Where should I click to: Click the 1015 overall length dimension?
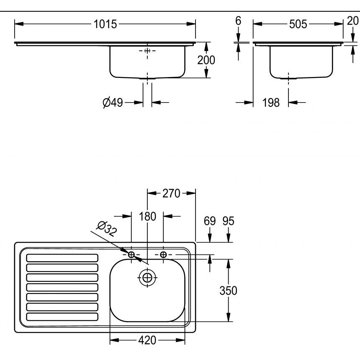coord(105,24)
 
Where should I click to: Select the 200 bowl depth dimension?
coord(206,60)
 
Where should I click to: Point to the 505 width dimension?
coord(298,24)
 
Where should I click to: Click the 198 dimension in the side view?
coord(271,102)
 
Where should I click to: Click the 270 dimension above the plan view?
coord(171,193)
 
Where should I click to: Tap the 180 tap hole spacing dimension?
coord(147,216)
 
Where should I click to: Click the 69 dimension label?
coord(209,221)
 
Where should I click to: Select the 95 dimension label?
coord(228,221)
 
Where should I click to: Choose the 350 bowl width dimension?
coord(229,290)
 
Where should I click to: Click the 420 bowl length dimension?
coord(147,340)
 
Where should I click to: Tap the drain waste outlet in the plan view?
coord(147,277)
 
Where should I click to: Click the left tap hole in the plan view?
coord(131,255)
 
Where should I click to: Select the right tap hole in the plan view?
coord(163,255)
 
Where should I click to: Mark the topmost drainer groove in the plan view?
coord(62,257)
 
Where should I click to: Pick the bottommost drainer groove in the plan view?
coord(62,317)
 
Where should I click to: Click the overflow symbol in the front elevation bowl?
coord(147,51)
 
